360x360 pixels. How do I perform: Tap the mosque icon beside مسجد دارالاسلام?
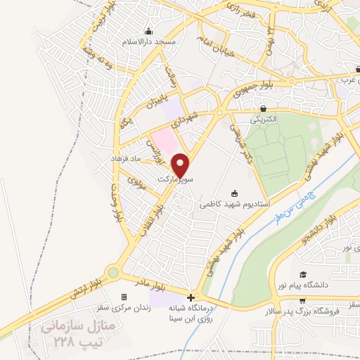pos(148,32)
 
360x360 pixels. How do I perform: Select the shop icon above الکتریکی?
pos(264,109)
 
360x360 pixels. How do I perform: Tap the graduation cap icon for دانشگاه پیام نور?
pos(303,275)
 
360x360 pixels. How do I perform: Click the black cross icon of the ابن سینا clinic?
pos(191,297)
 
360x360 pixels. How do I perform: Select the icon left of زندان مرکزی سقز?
pos(124,297)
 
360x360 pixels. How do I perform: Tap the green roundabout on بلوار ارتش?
pos(112,272)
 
